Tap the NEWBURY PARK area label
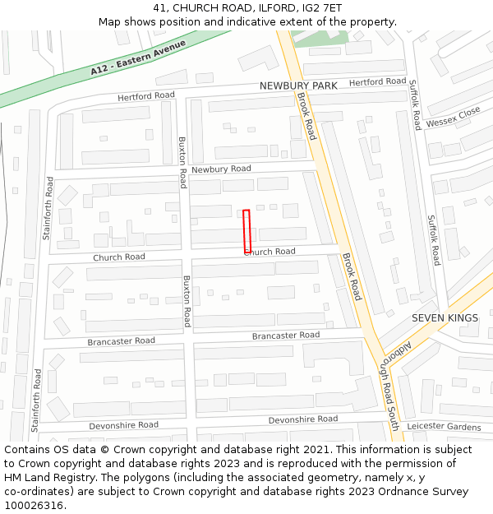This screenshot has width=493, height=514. click(298, 86)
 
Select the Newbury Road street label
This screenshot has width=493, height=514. click(221, 169)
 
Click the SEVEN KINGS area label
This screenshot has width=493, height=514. click(445, 318)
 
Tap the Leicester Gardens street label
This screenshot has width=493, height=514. click(444, 426)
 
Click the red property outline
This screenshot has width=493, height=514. click(246, 231)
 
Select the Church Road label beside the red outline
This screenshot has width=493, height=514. click(270, 252)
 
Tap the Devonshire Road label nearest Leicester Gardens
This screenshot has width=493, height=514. click(303, 419)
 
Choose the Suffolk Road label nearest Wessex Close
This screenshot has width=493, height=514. click(417, 104)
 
